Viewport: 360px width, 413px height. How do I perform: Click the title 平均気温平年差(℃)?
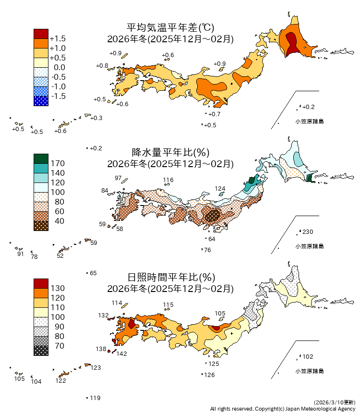[170, 28]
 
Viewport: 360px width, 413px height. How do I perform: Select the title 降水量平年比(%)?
[170, 153]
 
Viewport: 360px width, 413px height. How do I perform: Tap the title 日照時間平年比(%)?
[170, 277]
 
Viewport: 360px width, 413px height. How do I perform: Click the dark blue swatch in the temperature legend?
[41, 101]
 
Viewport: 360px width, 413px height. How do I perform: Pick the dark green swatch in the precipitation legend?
[41, 158]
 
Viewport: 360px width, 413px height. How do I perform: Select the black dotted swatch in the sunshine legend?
[41, 351]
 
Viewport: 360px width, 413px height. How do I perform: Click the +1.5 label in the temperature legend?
[58, 38]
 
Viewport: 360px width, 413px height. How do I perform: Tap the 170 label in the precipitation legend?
[58, 163]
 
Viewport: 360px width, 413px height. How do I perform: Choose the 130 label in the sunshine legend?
[58, 288]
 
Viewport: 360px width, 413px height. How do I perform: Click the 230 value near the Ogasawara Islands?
[308, 232]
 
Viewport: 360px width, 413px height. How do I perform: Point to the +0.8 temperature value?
[102, 65]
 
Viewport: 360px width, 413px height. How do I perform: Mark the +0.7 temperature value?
[214, 114]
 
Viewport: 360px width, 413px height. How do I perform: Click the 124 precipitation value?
[220, 189]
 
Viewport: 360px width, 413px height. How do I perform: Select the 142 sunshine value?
[121, 354]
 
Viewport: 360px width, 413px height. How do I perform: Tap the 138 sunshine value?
[100, 349]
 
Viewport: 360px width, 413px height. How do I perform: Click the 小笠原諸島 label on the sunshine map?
[309, 371]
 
